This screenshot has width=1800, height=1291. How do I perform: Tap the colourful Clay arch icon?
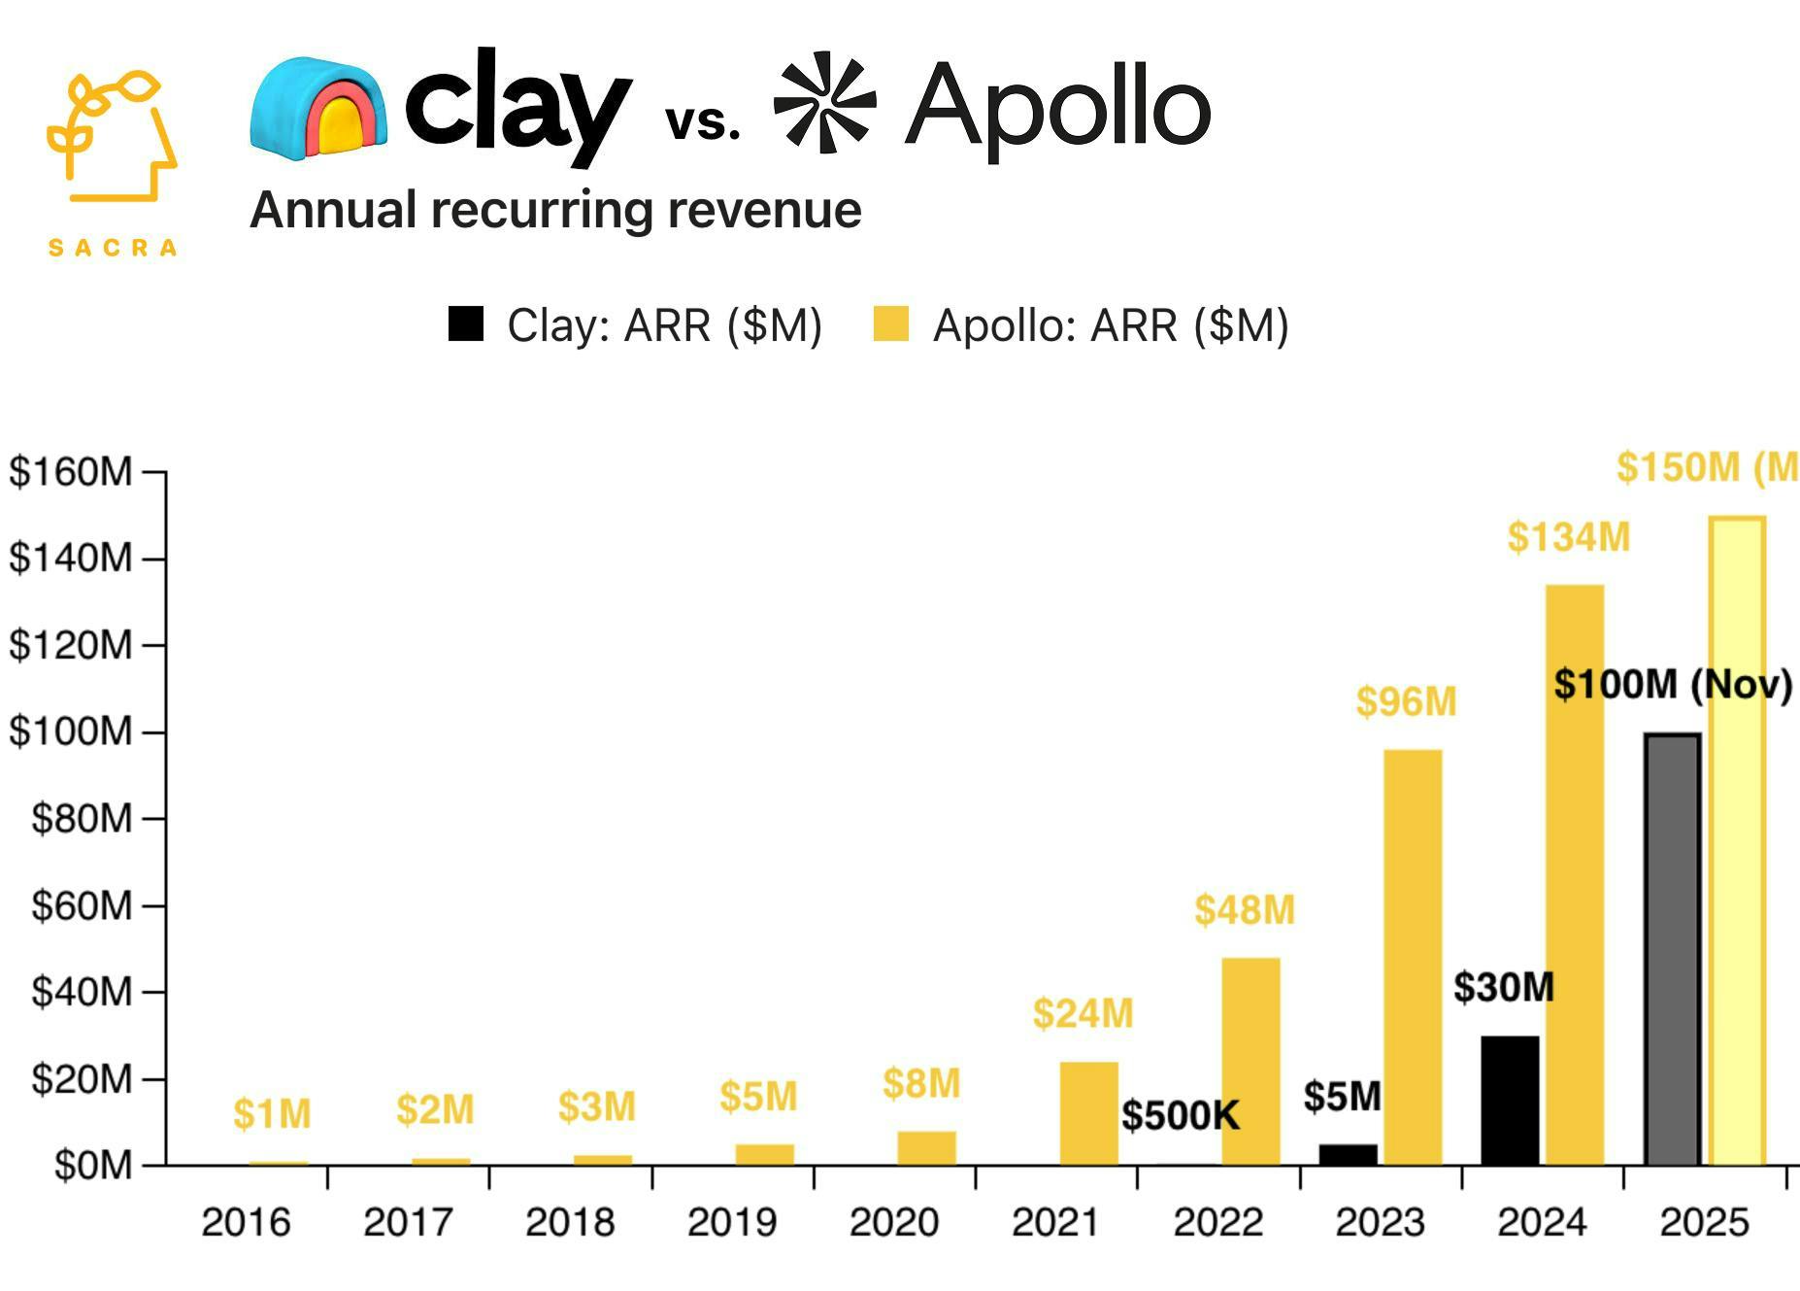tap(318, 108)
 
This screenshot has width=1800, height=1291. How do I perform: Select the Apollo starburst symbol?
tap(824, 102)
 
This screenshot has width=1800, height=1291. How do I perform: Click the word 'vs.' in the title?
tap(703, 122)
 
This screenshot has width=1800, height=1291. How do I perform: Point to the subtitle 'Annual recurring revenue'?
tap(555, 210)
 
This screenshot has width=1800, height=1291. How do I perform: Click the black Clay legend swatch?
tap(466, 324)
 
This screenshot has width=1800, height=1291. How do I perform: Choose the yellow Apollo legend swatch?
tap(890, 324)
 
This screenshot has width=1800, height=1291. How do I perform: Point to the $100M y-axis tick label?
tap(70, 731)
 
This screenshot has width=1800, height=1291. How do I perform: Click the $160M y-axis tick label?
tap(70, 472)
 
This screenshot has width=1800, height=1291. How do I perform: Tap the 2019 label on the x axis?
tap(732, 1222)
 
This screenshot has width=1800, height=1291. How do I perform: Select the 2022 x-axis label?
tap(1217, 1222)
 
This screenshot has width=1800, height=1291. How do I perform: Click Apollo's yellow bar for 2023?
tap(1413, 957)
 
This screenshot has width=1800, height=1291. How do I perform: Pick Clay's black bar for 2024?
tap(1510, 1101)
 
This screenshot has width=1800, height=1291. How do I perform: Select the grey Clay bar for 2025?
tap(1672, 949)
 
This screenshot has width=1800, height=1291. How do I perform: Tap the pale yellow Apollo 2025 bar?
tap(1737, 840)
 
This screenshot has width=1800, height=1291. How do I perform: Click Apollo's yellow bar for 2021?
tap(1088, 1113)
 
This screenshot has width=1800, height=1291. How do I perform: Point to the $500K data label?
tap(1181, 1115)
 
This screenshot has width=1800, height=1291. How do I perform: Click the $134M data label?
tap(1568, 537)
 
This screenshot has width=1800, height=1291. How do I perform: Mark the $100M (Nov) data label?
tap(1672, 685)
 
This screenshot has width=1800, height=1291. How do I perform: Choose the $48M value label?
tap(1245, 910)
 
